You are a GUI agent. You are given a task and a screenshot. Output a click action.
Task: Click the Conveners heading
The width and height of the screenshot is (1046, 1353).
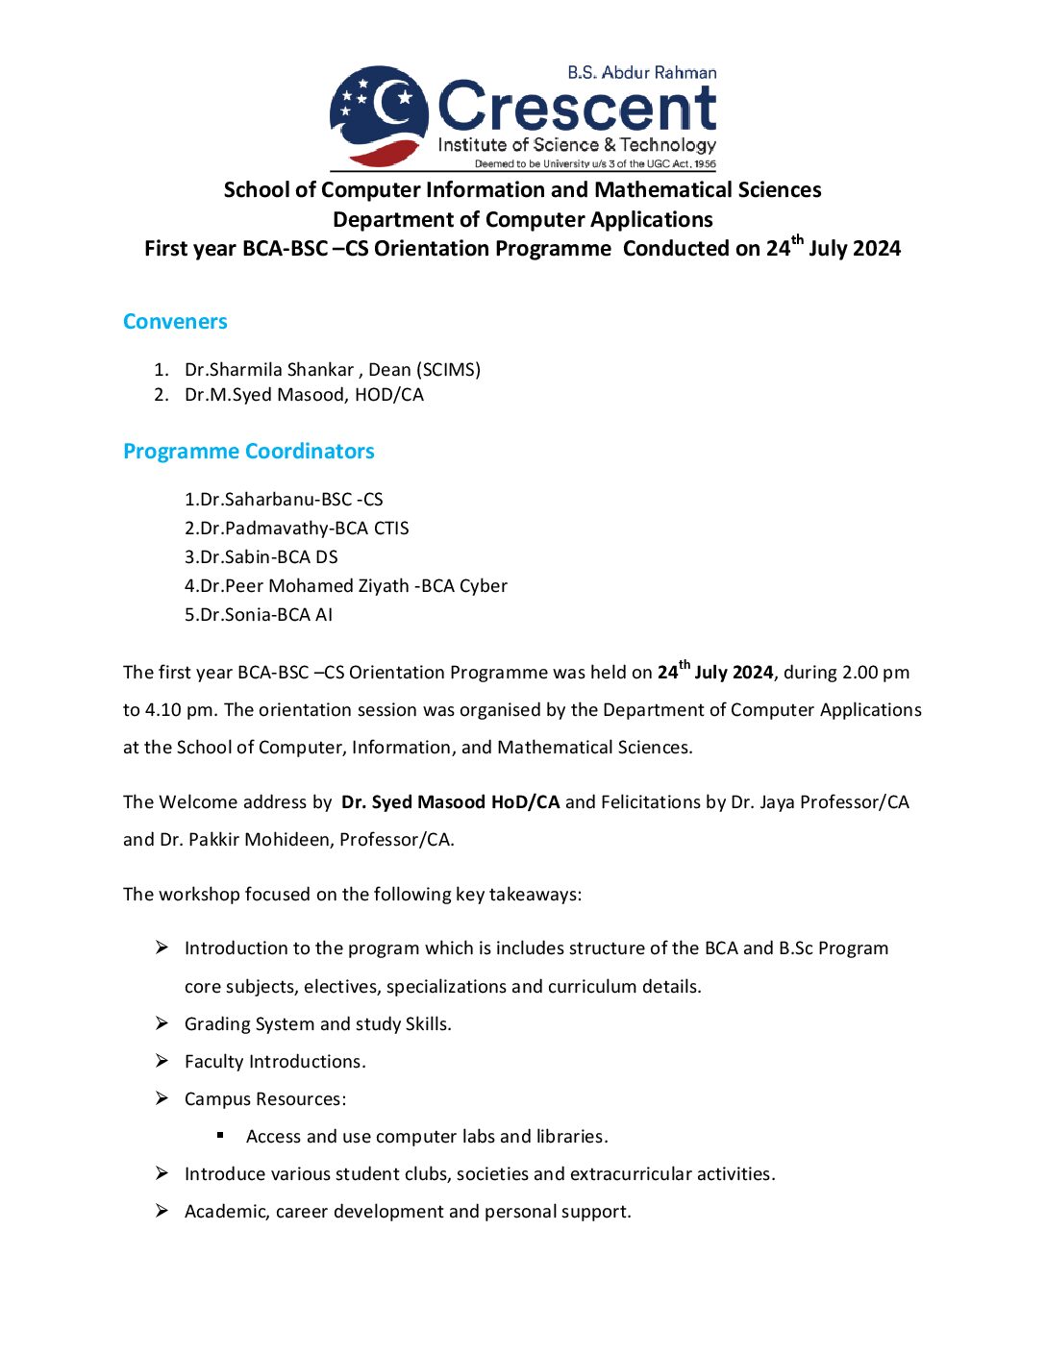click(x=175, y=322)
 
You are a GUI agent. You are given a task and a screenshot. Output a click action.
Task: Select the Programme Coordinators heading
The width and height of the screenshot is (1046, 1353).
click(x=248, y=452)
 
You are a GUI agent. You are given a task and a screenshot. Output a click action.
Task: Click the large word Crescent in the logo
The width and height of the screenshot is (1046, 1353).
click(x=577, y=108)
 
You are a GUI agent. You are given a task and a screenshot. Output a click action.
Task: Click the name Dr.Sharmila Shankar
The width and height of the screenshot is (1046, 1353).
click(x=269, y=370)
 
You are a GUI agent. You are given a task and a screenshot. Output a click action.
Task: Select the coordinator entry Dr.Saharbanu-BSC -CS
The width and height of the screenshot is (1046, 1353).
click(x=284, y=500)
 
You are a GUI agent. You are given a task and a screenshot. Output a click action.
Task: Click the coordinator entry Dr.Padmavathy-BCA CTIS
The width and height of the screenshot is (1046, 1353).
click(x=296, y=529)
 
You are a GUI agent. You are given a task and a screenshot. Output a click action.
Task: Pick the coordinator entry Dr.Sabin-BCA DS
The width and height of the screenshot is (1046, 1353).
click(x=261, y=557)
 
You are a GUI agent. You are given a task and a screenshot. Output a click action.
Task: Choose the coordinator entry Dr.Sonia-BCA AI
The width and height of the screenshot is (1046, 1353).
click(x=258, y=615)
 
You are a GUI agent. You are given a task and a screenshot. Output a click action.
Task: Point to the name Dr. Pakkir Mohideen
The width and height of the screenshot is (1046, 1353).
click(x=244, y=840)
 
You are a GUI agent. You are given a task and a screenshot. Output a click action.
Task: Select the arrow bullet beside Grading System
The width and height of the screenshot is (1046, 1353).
click(x=162, y=1023)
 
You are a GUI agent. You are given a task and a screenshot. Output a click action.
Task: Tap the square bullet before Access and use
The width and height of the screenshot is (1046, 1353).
click(x=220, y=1136)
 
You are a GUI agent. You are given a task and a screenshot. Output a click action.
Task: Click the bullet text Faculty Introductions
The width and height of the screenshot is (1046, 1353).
click(x=275, y=1062)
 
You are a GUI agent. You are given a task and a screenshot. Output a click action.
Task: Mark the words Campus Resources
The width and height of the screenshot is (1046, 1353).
click(x=264, y=1099)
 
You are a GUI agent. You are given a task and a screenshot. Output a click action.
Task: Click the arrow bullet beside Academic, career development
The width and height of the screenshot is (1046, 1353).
click(x=162, y=1211)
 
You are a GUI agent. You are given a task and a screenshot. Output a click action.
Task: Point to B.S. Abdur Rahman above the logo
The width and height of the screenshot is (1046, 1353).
click(x=641, y=73)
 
